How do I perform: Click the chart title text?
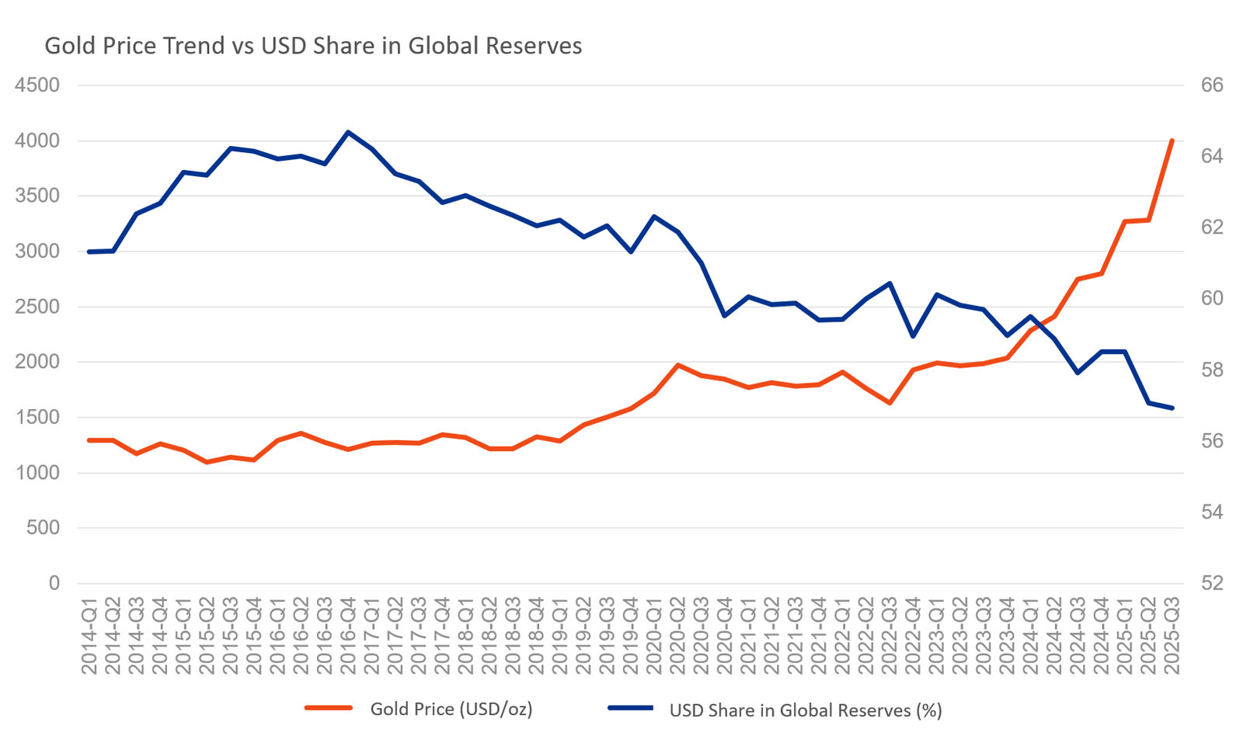[x=313, y=46]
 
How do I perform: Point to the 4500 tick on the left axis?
[x=37, y=85]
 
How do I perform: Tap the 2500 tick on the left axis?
[x=37, y=307]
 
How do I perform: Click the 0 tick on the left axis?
[x=54, y=583]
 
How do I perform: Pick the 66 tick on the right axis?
[x=1212, y=85]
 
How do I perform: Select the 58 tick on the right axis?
[x=1212, y=370]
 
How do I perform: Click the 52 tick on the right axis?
[x=1212, y=583]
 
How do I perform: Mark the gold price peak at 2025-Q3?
[x=1172, y=141]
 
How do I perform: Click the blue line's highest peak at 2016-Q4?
[x=348, y=132]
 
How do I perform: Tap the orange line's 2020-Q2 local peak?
[x=677, y=365]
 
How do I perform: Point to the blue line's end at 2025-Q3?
[x=1172, y=408]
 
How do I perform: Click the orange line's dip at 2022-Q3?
[x=890, y=403]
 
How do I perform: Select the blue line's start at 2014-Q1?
[x=89, y=252]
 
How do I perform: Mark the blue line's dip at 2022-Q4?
[x=913, y=336]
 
